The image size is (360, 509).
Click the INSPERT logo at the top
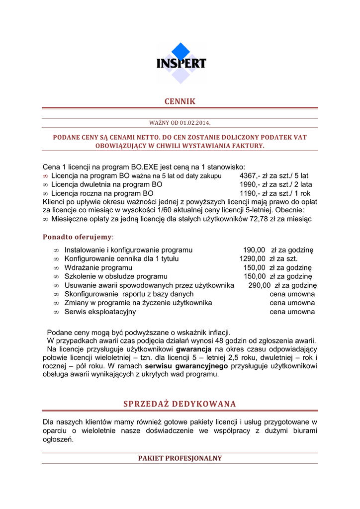click(181, 63)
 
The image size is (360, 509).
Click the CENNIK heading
click(180, 101)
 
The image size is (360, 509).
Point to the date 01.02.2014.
click(198, 122)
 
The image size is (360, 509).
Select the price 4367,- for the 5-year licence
click(249, 175)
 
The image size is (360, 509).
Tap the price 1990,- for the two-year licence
click(249, 184)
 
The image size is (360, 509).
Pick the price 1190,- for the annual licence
click(249, 193)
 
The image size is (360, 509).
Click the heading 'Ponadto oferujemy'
click(78, 237)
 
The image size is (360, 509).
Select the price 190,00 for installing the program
click(254, 250)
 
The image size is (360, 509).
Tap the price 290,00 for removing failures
click(259, 285)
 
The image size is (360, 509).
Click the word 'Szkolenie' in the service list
click(81, 276)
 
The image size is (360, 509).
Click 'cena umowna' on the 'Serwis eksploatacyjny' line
click(292, 312)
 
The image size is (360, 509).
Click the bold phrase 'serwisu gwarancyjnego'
click(186, 366)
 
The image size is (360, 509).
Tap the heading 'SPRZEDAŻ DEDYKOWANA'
click(180, 404)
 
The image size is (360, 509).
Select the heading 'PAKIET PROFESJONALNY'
click(180, 458)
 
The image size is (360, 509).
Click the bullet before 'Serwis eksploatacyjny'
click(56, 312)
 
